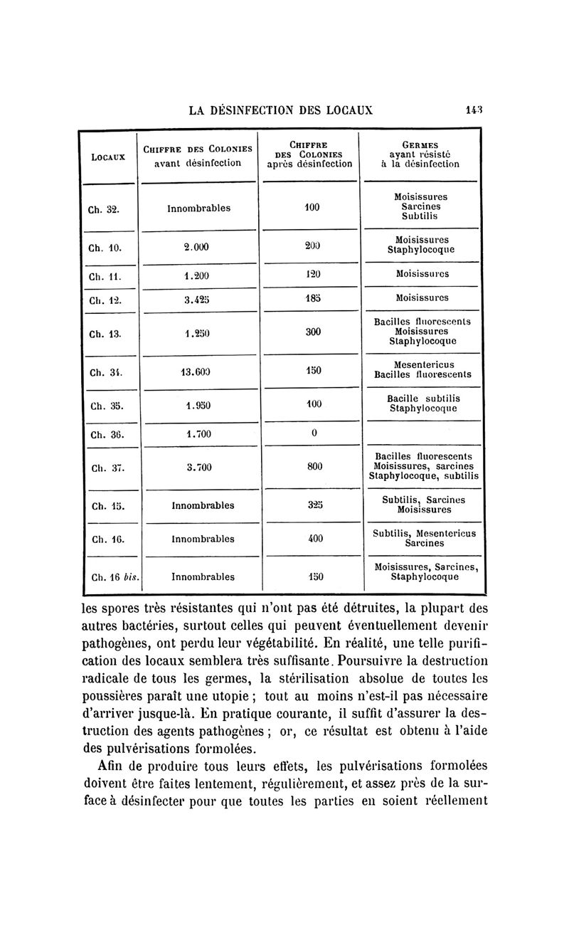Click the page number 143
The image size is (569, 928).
(x=474, y=110)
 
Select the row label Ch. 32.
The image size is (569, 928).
(x=103, y=210)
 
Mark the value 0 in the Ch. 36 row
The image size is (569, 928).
(x=313, y=434)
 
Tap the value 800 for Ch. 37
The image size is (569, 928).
(x=314, y=467)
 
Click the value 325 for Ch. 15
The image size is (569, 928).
(x=313, y=505)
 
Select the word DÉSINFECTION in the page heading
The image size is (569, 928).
(x=270, y=111)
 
